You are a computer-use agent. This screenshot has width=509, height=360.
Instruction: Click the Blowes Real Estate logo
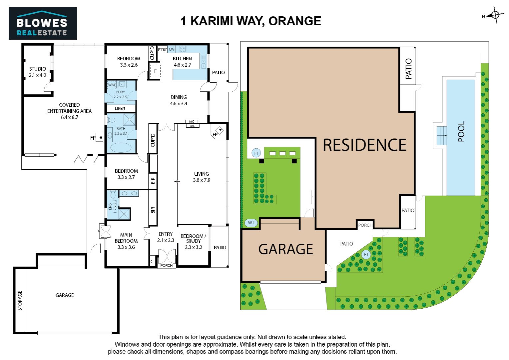coord(43,23)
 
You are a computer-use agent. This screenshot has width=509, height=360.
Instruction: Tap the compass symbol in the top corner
coord(495,15)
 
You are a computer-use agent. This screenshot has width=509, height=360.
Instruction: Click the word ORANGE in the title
coord(295,21)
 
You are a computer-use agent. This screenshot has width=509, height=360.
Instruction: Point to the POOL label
coord(461,132)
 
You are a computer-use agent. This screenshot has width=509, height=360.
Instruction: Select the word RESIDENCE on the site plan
coord(364,145)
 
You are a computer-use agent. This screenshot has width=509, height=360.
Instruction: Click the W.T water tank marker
coord(252,223)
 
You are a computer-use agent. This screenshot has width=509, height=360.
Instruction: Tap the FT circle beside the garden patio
coord(366,254)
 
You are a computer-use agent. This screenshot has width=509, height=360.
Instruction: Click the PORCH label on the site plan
coord(365,225)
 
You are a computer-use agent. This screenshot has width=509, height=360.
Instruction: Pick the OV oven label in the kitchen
coord(172,49)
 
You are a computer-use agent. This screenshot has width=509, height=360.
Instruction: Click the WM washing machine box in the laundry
coord(111,85)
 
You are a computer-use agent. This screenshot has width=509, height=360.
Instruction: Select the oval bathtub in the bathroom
coord(121,147)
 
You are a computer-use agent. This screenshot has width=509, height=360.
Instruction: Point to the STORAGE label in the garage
coord(20,300)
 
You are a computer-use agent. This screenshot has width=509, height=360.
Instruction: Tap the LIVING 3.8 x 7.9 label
coord(202,177)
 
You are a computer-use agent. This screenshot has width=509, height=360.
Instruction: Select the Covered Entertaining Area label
coord(70,111)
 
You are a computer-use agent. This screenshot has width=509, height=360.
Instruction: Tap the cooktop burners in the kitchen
coord(183,49)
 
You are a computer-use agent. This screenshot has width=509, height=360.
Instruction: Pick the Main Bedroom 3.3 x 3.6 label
coord(126,241)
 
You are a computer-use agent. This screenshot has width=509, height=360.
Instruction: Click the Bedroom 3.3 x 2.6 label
coord(129,62)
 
